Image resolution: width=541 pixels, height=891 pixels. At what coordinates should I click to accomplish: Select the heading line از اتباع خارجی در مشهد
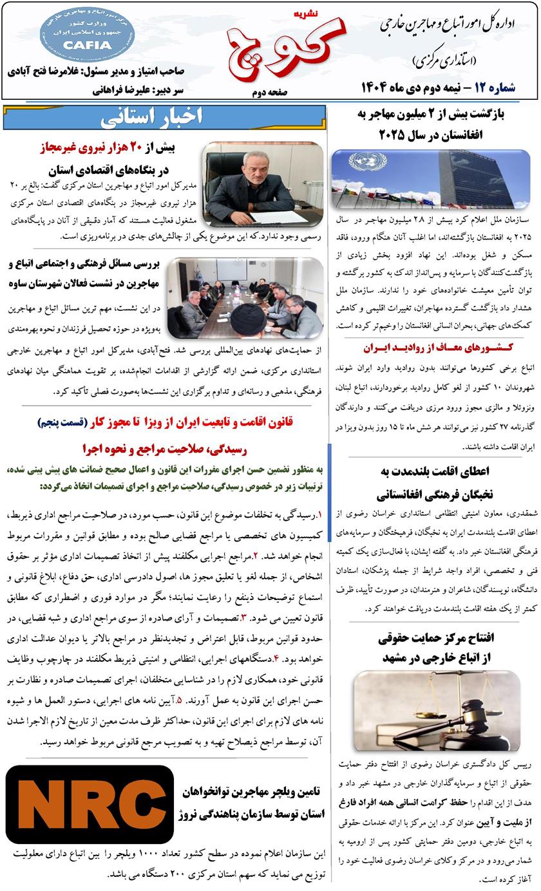click(432, 656)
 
